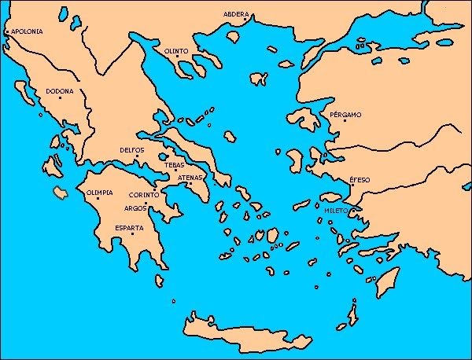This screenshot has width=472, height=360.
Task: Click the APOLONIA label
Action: click(27, 32)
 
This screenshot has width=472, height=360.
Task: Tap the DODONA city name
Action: click(60, 91)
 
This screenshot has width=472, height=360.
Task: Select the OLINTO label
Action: click(176, 51)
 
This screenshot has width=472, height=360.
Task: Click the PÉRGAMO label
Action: click(347, 115)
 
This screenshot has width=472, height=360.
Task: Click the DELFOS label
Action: click(131, 149)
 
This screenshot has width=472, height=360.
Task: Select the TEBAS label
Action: click(175, 165)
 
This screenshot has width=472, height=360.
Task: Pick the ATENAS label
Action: click(191, 178)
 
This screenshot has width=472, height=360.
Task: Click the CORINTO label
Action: click(144, 194)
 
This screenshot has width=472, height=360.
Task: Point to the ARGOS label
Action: click(135, 208)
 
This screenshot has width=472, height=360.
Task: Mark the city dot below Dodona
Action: click(60, 98)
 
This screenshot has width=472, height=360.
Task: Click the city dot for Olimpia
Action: click(98, 199)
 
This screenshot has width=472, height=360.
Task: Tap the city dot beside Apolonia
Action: click(7, 32)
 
